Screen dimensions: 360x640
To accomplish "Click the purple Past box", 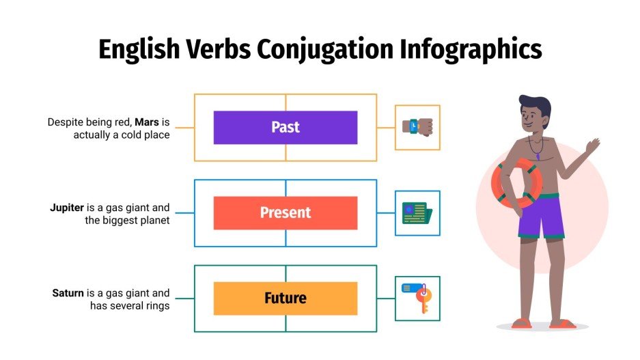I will point(285,127).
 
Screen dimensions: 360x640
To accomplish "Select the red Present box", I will point(285,212).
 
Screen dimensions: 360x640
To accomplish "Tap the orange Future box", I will point(285,298).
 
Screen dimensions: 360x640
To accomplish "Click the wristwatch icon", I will point(417,127).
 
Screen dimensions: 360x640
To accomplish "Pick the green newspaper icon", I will point(417,213).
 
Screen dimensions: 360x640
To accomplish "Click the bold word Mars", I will point(147,122).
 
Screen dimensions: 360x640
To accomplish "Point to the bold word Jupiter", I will point(67,208).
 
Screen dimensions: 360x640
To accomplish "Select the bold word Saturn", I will point(68,293).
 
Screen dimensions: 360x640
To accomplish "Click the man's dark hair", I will point(534,107).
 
